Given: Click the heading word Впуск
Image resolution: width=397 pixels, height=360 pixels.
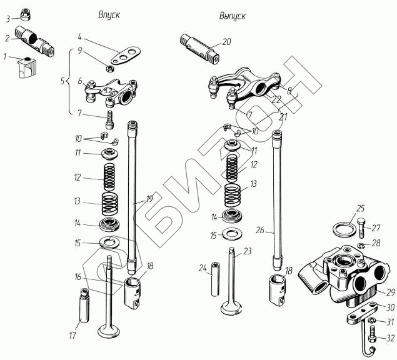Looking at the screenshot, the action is click(109, 14).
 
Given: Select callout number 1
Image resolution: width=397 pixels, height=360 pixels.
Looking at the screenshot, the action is click(5, 57).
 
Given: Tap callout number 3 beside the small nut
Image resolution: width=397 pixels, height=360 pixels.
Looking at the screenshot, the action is click(8, 19).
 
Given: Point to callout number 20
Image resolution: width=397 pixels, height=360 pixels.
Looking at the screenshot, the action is click(226, 42).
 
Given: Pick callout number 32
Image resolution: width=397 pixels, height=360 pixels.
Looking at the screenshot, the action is click(389, 338).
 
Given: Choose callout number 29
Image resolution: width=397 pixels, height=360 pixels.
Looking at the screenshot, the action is click(390, 292).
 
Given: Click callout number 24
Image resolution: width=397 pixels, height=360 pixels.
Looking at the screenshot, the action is click(202, 268).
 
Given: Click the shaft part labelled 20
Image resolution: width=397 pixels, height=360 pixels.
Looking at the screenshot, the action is click(201, 48).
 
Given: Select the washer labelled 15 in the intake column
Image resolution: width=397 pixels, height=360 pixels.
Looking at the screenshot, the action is click(111, 242).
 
